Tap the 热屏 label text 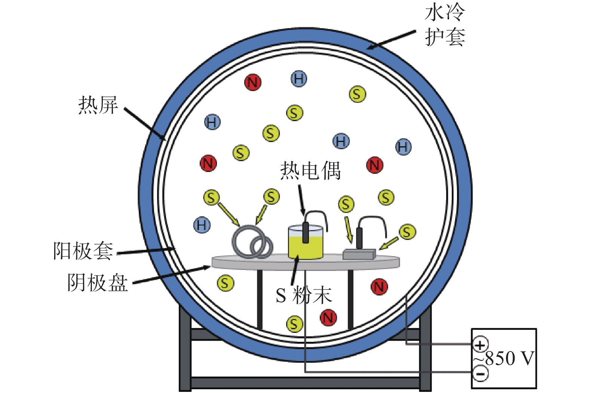tap(98, 105)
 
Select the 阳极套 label tap(83, 251)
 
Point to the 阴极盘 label tap(98, 283)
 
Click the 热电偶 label tap(310, 171)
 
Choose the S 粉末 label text tap(304, 295)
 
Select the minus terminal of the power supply tap(481, 374)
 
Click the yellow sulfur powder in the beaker tap(306, 247)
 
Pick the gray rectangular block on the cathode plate tap(359, 254)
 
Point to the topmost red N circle tap(253, 82)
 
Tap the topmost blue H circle tap(299, 78)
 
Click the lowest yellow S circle tap(294, 324)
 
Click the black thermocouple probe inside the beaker tap(306, 233)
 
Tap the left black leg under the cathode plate tap(260, 300)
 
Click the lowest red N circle tap(328, 318)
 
